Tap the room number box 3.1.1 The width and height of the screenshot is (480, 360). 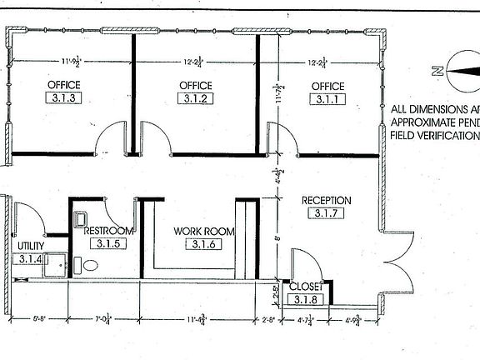[x=328, y=99]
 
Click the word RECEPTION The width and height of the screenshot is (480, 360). [x=327, y=201]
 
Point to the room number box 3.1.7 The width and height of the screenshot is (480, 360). [x=327, y=214]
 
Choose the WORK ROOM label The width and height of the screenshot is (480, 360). [x=203, y=231]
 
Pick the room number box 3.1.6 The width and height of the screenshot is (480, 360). [x=203, y=244]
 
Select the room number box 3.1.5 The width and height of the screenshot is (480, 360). [x=108, y=244]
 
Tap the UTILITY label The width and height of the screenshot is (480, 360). [x=30, y=246]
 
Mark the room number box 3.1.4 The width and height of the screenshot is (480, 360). [x=31, y=259]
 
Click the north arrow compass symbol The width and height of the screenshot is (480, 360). [x=455, y=70]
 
